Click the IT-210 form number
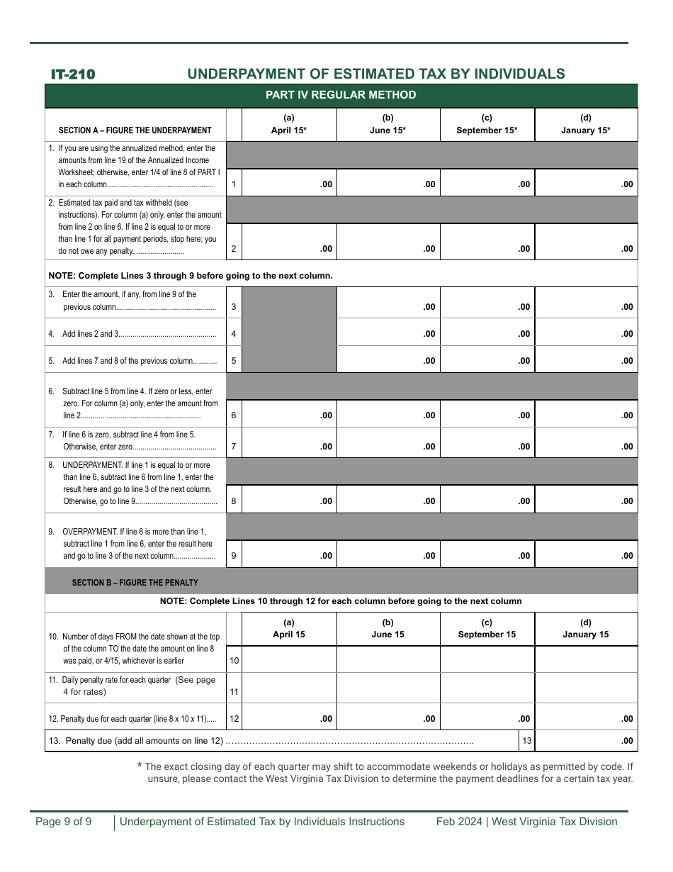73,74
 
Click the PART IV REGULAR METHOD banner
341,95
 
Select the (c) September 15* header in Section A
487,124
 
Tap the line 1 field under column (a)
289,183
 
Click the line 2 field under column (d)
586,242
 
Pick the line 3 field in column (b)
388,303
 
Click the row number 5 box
234,360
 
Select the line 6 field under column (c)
487,414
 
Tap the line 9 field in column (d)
586,554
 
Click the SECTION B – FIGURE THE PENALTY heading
135,582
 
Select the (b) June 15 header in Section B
388,629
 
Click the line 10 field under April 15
289,660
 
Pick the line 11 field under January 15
586,688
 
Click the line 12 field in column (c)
487,717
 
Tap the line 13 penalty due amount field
586,741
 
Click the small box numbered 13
527,741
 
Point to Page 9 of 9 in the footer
64,822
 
